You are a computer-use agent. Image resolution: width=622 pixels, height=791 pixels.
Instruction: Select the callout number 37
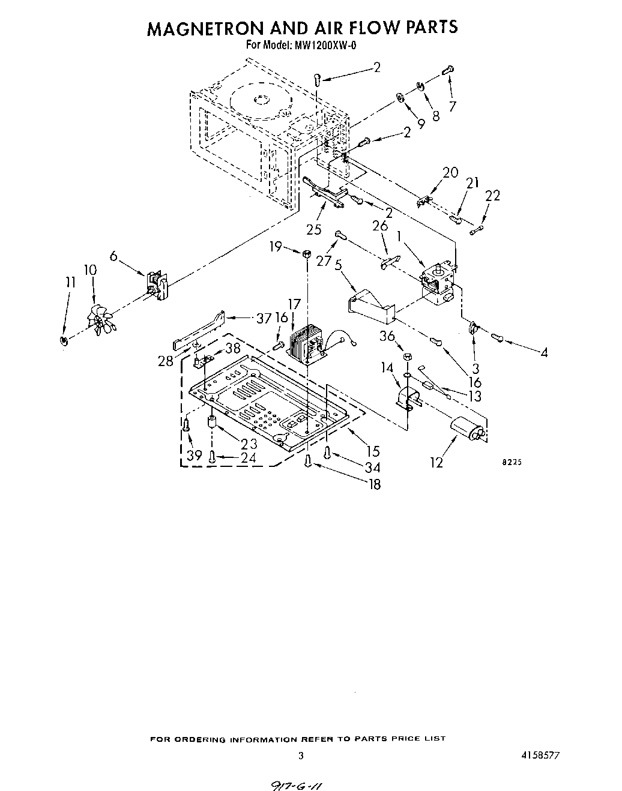(264, 319)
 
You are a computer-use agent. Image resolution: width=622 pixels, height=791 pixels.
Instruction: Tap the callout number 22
(492, 196)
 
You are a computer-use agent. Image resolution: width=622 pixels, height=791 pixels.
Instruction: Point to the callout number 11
(71, 282)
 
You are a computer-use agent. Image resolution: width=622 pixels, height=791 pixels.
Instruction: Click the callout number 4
(544, 353)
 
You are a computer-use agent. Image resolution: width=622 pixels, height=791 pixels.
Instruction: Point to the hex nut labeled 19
(306, 253)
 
